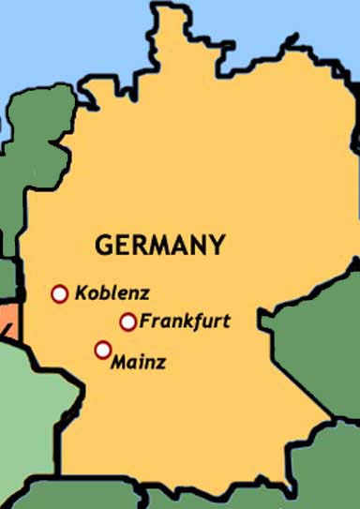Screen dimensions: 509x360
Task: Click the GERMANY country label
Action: coord(160,247)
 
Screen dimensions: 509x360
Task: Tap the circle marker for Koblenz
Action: coord(60,294)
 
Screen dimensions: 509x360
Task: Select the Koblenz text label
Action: coord(112,292)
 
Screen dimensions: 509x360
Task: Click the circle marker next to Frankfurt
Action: coord(128,322)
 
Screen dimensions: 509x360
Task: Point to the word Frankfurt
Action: coord(185,322)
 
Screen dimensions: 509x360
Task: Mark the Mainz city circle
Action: coord(102,351)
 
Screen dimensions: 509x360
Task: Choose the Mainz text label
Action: coord(138,362)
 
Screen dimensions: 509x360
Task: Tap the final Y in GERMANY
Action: coord(217,247)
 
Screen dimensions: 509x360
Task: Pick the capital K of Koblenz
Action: coord(81,292)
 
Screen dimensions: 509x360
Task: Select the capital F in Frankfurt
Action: coord(145,322)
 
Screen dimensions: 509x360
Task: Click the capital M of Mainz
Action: coord(119,362)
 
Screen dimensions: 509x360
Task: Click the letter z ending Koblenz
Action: coord(145,293)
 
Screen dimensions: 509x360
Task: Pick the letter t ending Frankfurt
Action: coord(226,322)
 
